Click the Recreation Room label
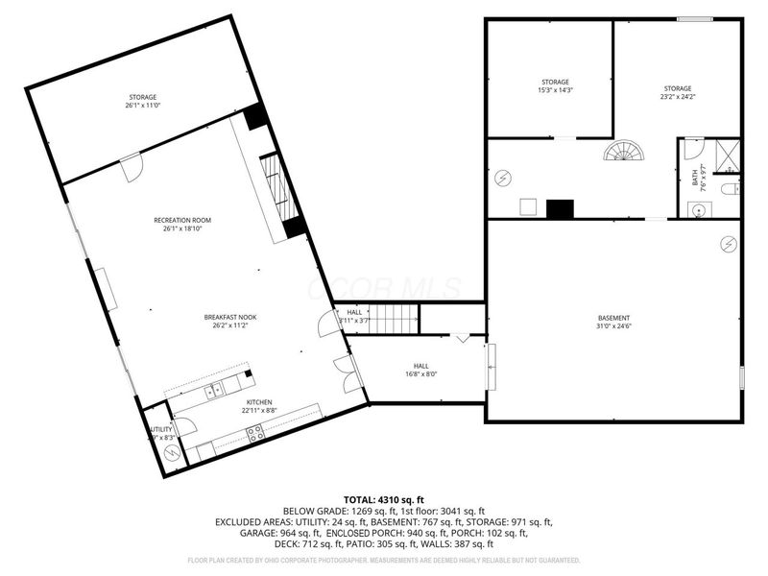click(x=182, y=225)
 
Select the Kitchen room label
click(x=259, y=406)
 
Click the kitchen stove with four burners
click(x=256, y=433)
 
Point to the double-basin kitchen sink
click(x=213, y=389)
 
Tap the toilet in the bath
click(x=731, y=189)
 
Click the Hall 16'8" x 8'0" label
click(x=420, y=370)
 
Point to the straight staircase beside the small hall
click(x=394, y=318)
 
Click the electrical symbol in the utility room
click(x=174, y=453)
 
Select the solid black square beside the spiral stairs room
click(x=560, y=208)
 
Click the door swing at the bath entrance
click(x=690, y=151)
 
